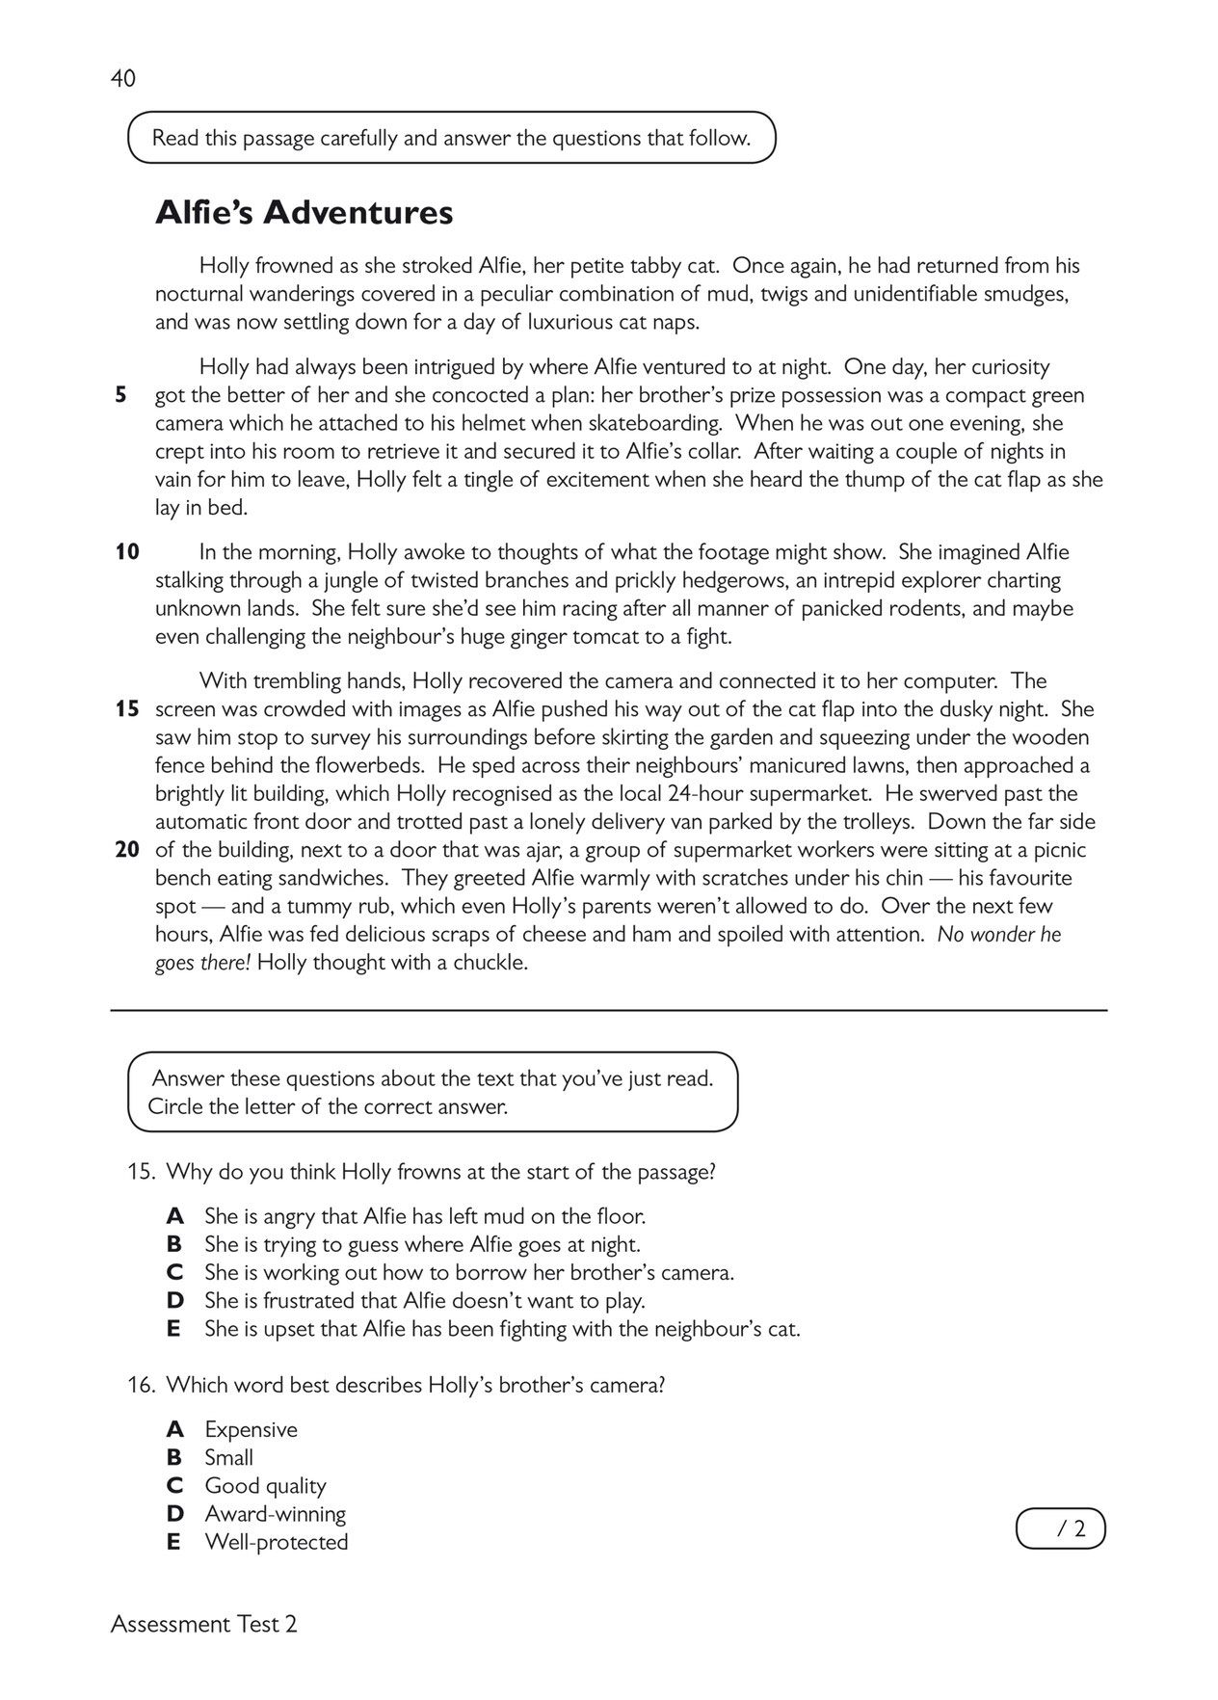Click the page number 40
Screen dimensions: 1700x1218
point(123,79)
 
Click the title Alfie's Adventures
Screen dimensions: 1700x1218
point(304,213)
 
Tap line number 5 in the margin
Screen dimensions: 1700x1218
point(120,395)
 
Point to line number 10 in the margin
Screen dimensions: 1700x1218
point(127,552)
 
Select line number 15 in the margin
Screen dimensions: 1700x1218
point(127,709)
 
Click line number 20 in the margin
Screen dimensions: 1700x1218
point(127,850)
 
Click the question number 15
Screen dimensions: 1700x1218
point(142,1173)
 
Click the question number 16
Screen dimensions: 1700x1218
point(142,1385)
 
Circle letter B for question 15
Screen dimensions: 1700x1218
point(174,1244)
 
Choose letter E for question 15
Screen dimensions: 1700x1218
point(174,1329)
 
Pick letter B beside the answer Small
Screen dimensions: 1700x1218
point(174,1457)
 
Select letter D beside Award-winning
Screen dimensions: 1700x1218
point(174,1514)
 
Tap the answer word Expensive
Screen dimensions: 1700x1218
point(251,1429)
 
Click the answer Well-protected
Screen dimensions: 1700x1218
point(277,1542)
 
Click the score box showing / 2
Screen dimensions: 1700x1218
point(1061,1528)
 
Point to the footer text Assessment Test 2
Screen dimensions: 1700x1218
point(204,1624)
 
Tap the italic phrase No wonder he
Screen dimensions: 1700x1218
point(999,935)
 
